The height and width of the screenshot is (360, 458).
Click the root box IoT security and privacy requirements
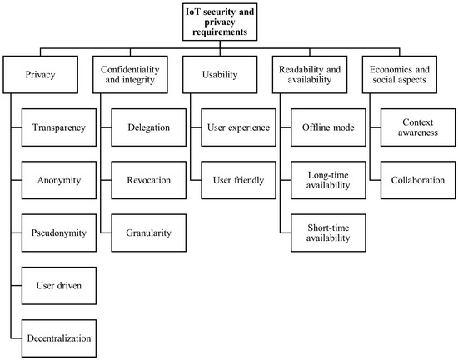pyautogui.click(x=228, y=20)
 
